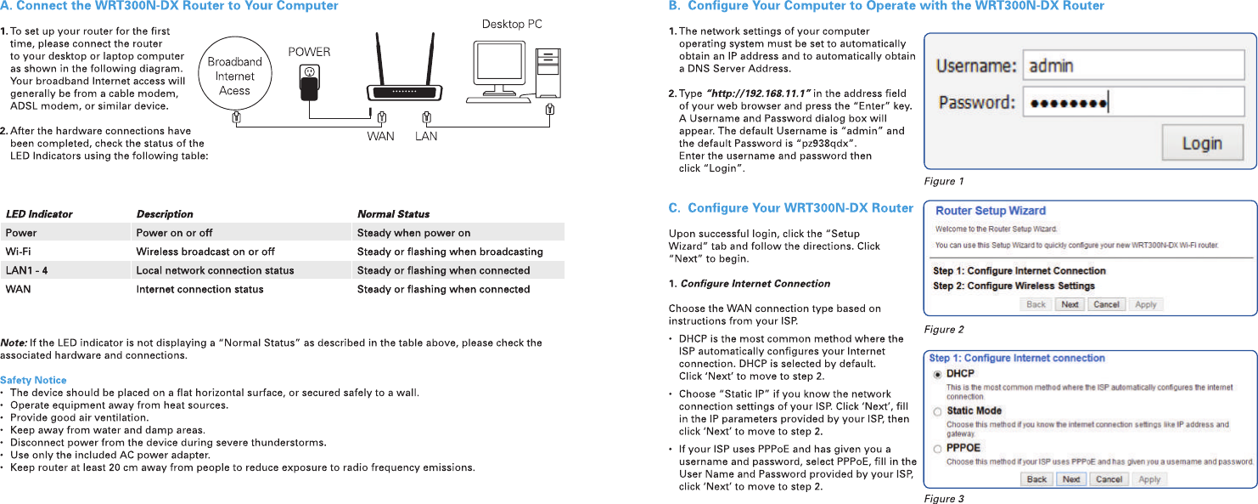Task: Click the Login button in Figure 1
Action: [x=1202, y=143]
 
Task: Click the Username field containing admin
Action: [x=1132, y=65]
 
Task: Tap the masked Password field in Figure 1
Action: [x=1132, y=103]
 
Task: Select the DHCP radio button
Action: [x=937, y=374]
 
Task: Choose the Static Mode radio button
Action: [x=937, y=411]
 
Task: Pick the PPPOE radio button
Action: [x=937, y=448]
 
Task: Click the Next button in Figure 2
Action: [x=1070, y=304]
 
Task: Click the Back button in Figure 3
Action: [x=1036, y=479]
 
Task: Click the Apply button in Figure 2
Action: [x=1146, y=304]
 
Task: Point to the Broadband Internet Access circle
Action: [x=234, y=76]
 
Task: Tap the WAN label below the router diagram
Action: [x=380, y=136]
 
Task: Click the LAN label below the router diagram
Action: [x=426, y=136]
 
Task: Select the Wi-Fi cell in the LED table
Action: [x=18, y=252]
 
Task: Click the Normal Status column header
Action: [x=393, y=214]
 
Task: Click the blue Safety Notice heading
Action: [x=33, y=380]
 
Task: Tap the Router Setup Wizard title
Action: [x=991, y=211]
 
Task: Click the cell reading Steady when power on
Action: [x=413, y=233]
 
